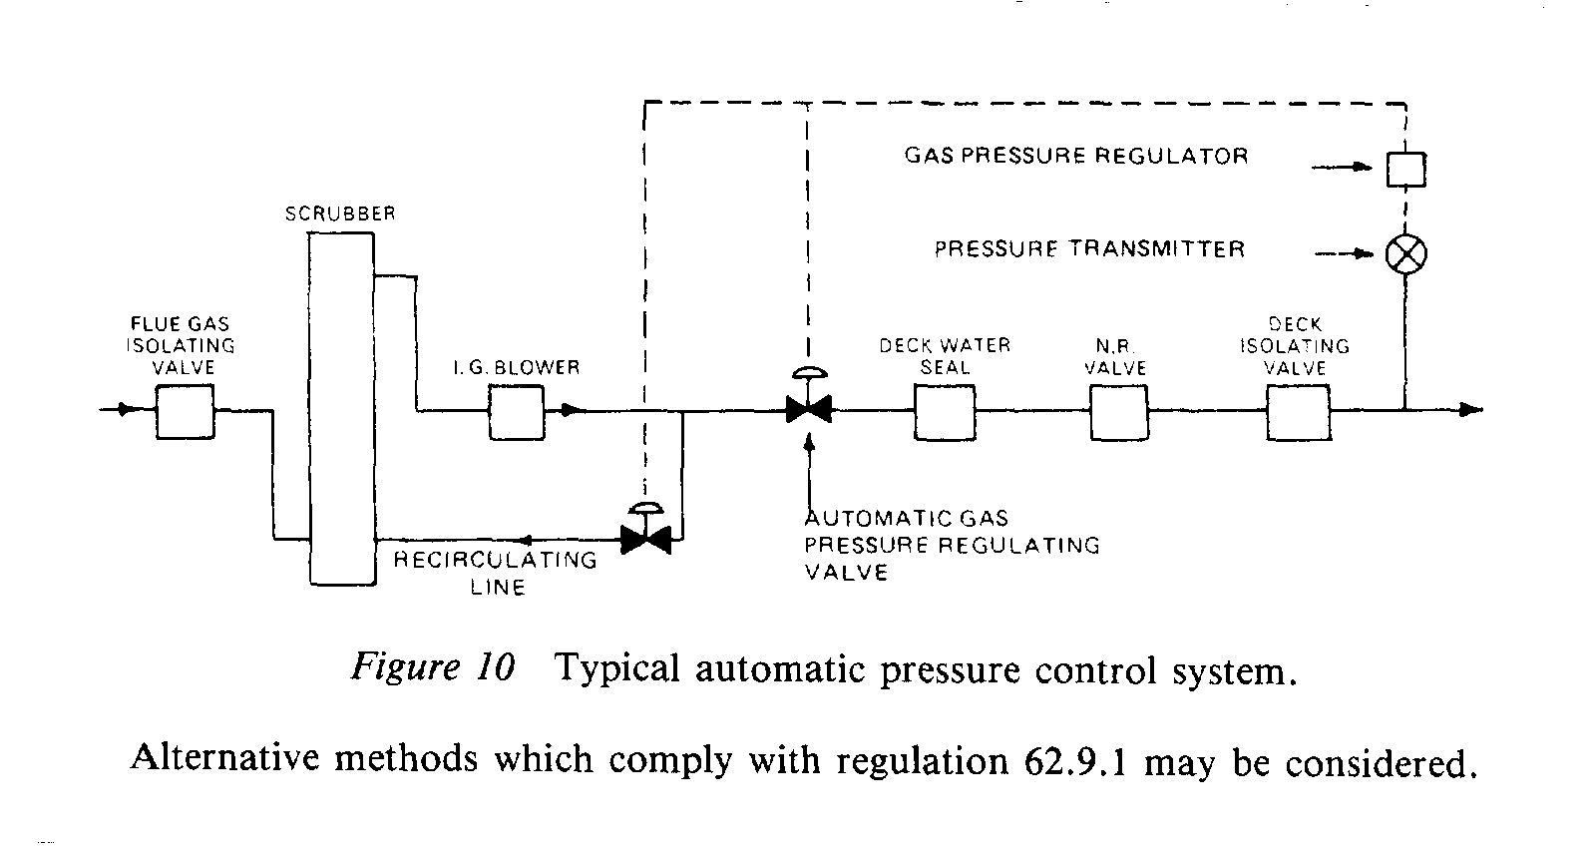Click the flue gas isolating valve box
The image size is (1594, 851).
(x=185, y=411)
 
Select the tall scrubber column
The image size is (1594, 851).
(x=341, y=408)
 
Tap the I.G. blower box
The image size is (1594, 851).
(x=516, y=411)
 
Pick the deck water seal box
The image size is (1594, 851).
(x=944, y=411)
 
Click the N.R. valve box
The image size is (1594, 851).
(x=1118, y=411)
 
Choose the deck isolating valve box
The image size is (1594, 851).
(x=1297, y=411)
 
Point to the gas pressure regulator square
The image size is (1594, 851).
(x=1405, y=169)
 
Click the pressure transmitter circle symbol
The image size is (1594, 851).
(x=1405, y=254)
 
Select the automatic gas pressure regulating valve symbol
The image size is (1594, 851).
(x=808, y=408)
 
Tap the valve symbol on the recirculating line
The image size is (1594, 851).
(x=645, y=540)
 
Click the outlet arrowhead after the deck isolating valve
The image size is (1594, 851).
(x=1471, y=410)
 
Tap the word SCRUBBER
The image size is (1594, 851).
(x=340, y=213)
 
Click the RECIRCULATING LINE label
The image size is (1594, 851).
(x=496, y=573)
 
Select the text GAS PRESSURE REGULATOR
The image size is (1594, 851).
(x=1076, y=156)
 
